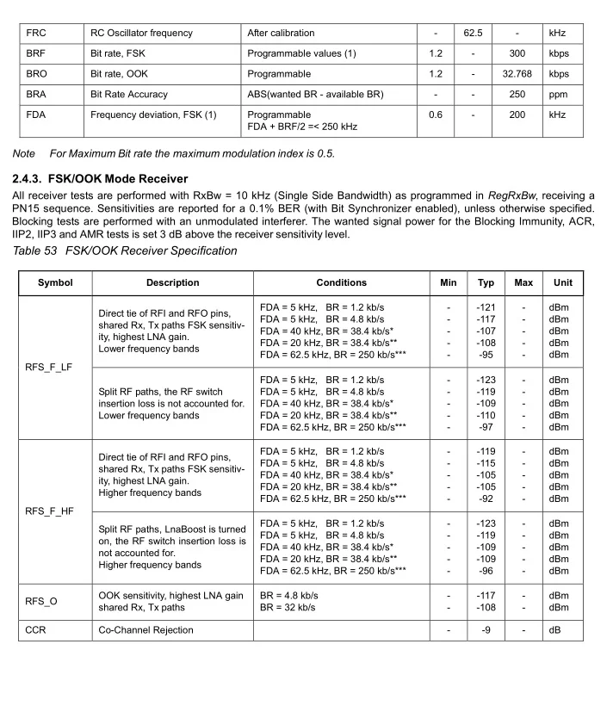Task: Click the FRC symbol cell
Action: click(36, 33)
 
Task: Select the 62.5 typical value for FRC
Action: click(473, 33)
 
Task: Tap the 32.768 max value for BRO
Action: click(517, 74)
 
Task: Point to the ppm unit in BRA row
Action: click(558, 95)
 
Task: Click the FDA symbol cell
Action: click(37, 115)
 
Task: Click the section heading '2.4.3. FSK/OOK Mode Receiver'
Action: click(100, 179)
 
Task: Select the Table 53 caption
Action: click(125, 251)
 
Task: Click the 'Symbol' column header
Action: click(55, 282)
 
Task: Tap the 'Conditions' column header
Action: click(341, 282)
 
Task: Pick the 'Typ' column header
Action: click(486, 282)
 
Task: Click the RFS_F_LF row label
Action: click(50, 367)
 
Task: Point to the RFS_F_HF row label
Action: click(50, 511)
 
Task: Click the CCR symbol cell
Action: click(37, 630)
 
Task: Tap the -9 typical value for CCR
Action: click(486, 630)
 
